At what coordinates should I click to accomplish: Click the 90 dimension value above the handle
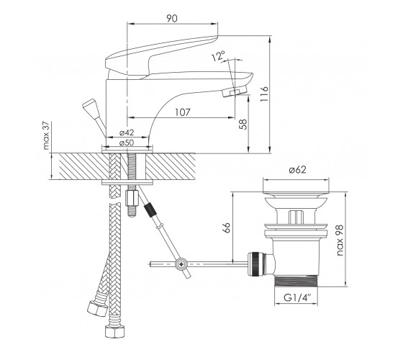click(172, 18)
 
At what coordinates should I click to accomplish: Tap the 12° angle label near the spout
click(219, 56)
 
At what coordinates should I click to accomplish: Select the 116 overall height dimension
click(264, 94)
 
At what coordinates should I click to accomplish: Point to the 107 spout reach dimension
click(183, 112)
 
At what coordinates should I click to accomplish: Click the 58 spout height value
click(243, 124)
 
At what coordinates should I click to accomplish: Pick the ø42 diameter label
click(127, 132)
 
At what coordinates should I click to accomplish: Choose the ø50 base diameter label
click(127, 143)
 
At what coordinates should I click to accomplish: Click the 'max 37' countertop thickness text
click(46, 136)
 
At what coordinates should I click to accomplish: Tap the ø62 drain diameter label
click(298, 170)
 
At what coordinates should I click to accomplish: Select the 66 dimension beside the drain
click(227, 228)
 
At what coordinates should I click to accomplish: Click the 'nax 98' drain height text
click(340, 240)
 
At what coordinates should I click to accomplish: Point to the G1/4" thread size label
click(297, 298)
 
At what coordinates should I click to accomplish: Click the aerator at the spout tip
click(235, 91)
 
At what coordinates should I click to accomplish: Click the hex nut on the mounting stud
click(132, 198)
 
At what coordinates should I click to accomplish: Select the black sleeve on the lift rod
click(150, 210)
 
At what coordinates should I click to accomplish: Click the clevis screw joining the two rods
click(182, 264)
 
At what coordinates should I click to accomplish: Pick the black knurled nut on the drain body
click(255, 264)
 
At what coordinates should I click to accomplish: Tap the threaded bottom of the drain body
click(296, 281)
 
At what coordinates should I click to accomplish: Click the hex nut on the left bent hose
click(97, 309)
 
